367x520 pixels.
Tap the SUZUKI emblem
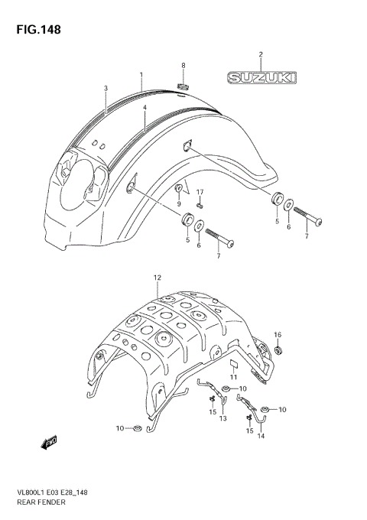260,77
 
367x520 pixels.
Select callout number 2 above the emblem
260,54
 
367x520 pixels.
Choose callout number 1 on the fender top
141,75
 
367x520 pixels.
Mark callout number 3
106,89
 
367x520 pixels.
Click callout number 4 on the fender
144,108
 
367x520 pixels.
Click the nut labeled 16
278,350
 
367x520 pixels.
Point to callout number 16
278,334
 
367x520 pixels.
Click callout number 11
235,377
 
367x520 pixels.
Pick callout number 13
224,420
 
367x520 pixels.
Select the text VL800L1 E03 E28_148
54,493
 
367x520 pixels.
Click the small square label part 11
235,363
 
